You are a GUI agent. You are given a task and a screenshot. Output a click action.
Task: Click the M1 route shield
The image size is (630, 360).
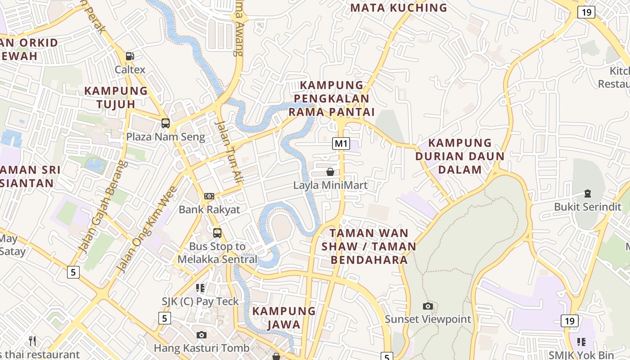pos(341,144)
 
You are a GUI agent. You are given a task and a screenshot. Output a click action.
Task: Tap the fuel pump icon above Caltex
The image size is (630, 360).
pos(130,56)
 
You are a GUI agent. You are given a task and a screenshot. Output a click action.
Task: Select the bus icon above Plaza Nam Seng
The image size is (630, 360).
pos(166,123)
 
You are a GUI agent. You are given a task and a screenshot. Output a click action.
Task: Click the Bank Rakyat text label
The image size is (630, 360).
pos(209,209)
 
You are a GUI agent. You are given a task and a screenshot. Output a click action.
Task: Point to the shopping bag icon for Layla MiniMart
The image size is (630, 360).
pos(330,172)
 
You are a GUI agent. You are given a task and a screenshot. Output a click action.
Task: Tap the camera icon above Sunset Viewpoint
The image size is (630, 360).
pos(428,306)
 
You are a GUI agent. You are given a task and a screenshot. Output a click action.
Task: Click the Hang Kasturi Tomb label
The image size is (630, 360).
pos(201,348)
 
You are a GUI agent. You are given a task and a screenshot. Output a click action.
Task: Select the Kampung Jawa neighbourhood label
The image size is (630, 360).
pos(284,318)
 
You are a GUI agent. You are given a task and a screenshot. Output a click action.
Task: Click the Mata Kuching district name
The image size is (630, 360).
pos(399,8)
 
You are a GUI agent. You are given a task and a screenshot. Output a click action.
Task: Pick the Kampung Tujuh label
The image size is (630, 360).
pos(116,97)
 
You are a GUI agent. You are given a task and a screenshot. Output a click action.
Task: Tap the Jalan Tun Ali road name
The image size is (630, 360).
pos(229,152)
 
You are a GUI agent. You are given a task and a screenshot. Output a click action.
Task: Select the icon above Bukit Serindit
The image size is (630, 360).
pos(587,193)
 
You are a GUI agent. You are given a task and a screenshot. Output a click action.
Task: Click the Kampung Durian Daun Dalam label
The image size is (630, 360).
pos(460,156)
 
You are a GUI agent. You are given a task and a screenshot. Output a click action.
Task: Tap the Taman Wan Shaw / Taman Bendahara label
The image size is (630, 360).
pos(369,246)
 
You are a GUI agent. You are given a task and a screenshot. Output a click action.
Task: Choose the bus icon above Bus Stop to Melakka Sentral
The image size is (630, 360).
pos(217,233)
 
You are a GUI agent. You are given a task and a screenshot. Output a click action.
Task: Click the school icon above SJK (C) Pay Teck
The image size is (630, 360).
pos(200,288)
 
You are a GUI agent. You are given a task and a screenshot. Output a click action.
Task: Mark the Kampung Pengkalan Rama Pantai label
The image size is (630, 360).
pos(332,98)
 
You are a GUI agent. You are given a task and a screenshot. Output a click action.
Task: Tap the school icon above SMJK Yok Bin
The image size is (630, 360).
pos(581,342)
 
